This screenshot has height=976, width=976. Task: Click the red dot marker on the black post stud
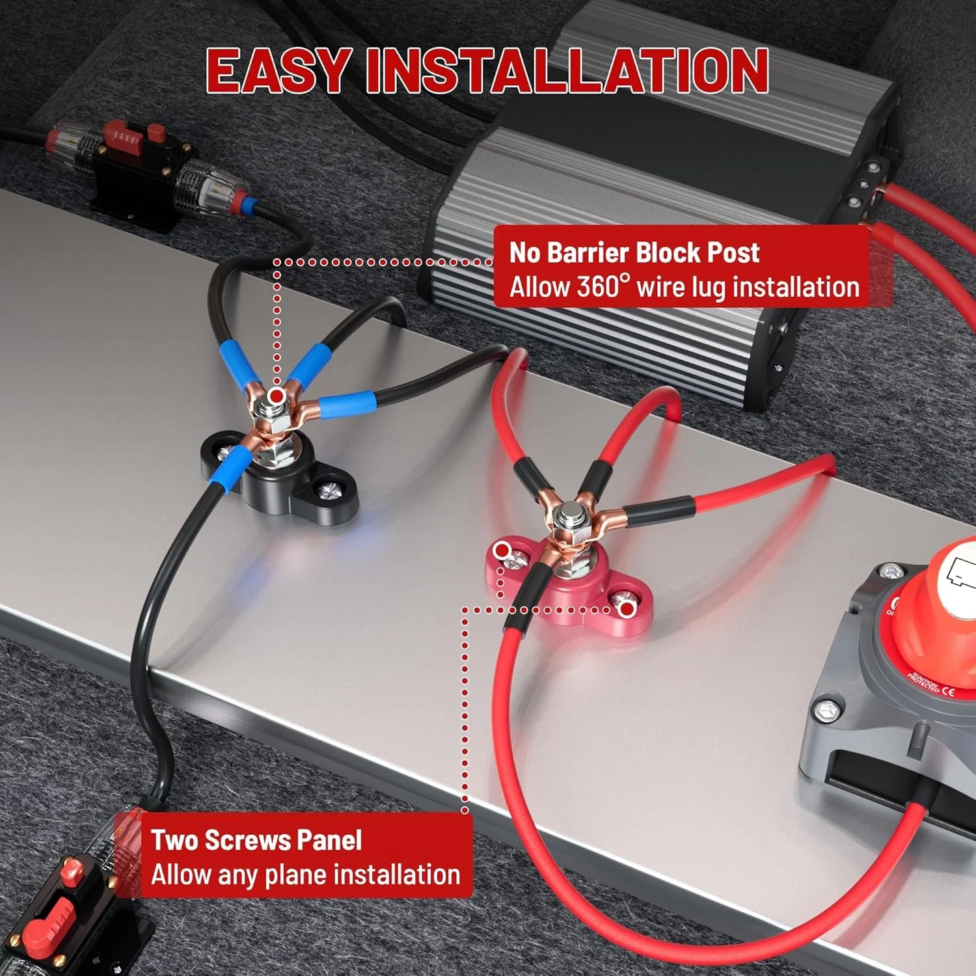click(x=277, y=395)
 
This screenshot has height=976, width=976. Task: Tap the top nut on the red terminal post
click(x=571, y=518)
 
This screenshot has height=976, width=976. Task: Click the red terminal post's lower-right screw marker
click(x=626, y=609)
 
